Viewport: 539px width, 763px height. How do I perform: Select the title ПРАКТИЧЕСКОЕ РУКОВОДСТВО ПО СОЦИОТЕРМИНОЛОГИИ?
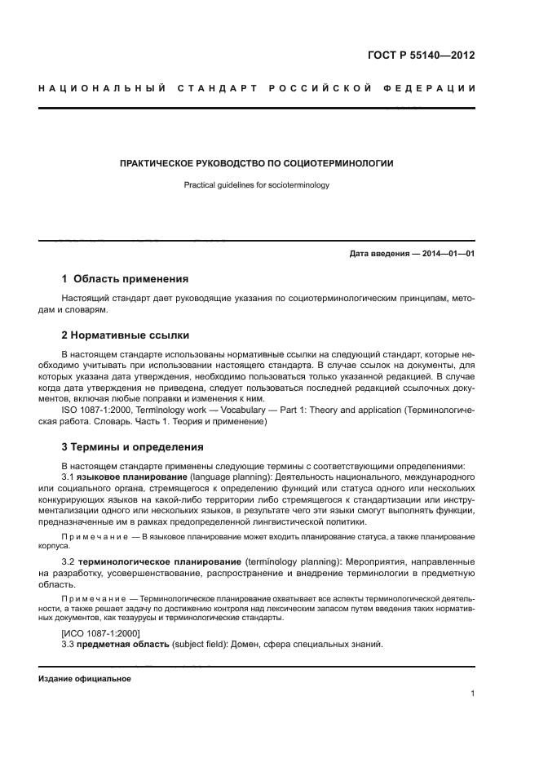(257, 163)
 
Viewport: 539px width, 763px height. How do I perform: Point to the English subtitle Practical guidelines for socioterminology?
(257, 185)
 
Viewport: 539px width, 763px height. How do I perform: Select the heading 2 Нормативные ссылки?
(126, 335)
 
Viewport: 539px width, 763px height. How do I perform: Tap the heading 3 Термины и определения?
(133, 446)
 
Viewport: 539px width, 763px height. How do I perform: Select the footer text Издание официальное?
(84, 679)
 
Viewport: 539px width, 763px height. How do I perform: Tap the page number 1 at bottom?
(473, 694)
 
